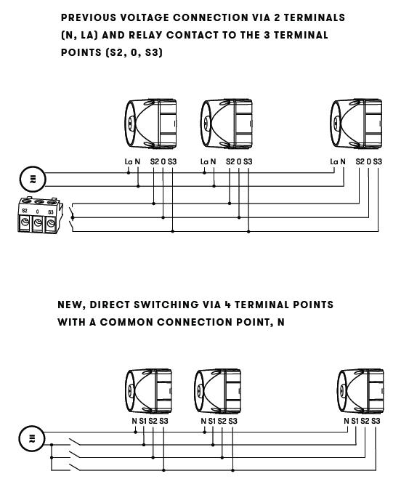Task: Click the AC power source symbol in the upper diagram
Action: pos(33,179)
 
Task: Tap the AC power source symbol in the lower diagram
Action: pos(32,439)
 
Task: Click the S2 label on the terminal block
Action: pos(25,211)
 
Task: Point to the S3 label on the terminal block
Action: pos(51,212)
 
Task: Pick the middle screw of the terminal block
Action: pos(38,222)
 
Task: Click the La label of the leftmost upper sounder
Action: pos(129,161)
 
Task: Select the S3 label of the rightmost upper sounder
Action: pos(378,161)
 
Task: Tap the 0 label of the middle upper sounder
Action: pos(239,161)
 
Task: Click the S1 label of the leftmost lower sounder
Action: pos(143,421)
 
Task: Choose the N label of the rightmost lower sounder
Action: pos(346,421)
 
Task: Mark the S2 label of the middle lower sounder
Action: pos(222,421)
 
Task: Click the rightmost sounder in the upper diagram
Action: pos(356,124)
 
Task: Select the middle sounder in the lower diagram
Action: pos(218,391)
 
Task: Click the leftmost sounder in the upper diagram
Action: pos(151,124)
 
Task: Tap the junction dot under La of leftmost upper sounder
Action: pos(129,173)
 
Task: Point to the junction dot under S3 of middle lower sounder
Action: pos(232,470)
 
